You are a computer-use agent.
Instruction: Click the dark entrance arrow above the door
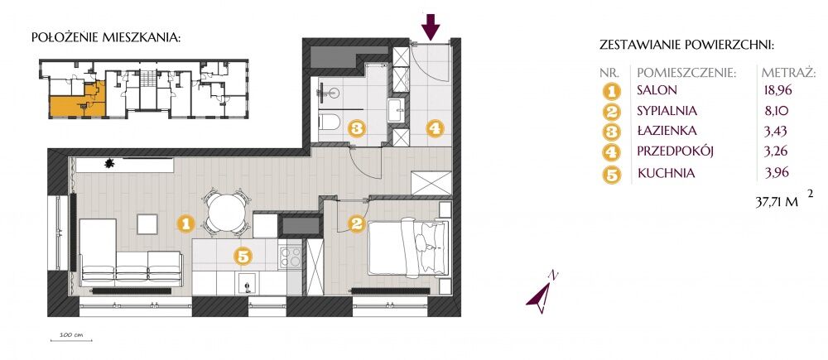click(431, 26)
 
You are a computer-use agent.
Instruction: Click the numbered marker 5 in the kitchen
click(243, 257)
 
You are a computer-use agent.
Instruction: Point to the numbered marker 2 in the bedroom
click(356, 223)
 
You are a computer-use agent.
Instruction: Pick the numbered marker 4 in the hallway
click(435, 128)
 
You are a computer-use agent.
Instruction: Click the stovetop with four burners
click(290, 257)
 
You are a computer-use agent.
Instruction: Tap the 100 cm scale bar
click(71, 340)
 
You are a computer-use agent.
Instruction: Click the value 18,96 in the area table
click(778, 89)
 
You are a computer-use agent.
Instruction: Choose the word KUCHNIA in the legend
click(666, 173)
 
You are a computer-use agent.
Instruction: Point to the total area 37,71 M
click(777, 204)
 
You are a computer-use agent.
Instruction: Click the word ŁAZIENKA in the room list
click(667, 131)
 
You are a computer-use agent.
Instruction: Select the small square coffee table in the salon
click(147, 223)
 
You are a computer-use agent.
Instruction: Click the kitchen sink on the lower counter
click(247, 283)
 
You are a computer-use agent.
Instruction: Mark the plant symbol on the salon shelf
click(110, 164)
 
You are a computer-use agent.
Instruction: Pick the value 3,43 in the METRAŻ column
click(776, 131)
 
